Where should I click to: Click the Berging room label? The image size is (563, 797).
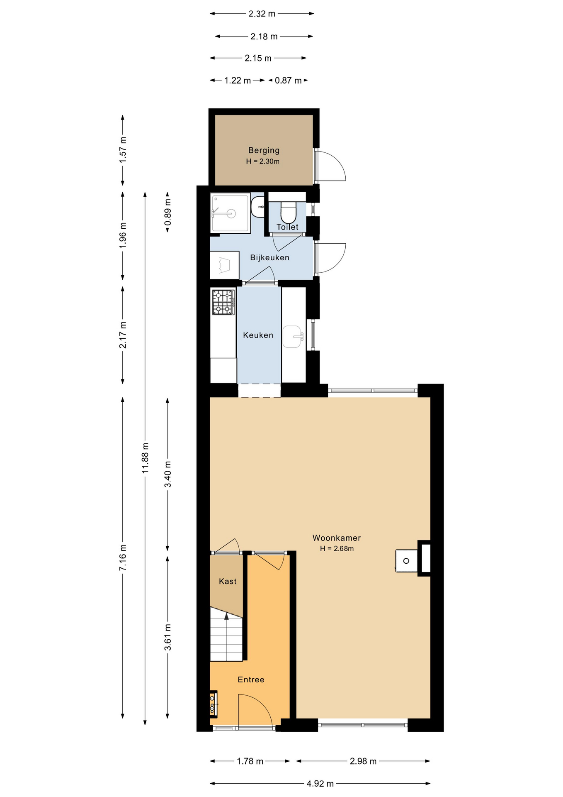264,150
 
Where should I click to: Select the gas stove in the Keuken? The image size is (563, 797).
223,302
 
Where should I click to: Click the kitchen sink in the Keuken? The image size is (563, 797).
293,336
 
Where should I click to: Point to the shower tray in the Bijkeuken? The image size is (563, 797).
230,213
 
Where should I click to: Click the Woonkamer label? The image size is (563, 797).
337,538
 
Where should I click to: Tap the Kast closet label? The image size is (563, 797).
228,581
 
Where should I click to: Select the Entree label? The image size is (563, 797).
251,680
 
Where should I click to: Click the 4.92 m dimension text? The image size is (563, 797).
320,784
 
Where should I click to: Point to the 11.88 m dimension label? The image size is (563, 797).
145,458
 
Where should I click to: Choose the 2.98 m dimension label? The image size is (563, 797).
363,761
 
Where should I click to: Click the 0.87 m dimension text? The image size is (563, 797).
288,81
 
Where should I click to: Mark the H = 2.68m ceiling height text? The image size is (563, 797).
337,549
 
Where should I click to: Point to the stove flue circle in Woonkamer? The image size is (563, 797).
406,561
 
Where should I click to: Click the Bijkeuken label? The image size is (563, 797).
269,258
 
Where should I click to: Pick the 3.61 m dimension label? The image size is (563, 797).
167,637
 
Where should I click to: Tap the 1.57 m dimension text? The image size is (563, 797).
123,149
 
